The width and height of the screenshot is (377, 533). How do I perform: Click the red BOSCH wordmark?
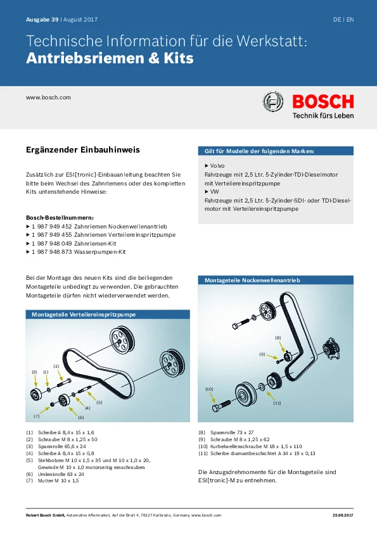coord(323,101)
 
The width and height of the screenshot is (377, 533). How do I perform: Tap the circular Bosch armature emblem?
coord(273,101)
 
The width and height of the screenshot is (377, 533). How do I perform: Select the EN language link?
coord(350,20)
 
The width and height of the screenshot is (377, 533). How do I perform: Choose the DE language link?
coord(337,20)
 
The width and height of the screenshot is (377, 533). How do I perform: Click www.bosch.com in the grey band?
coord(48,97)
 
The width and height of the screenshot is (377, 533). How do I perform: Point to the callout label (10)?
coord(209,389)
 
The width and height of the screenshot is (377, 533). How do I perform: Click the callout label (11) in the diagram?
coord(278,403)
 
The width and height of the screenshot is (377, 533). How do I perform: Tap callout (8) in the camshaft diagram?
coord(278,338)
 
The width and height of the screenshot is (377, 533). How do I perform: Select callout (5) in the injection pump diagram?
coord(99,402)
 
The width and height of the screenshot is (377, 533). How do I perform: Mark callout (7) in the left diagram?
coord(36,416)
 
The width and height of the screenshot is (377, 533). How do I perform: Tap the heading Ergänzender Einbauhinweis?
coord(82,150)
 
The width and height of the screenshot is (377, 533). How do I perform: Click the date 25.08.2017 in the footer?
coord(343,515)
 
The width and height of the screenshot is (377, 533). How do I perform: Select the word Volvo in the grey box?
coord(217,166)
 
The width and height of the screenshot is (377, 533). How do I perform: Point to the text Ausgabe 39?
coord(42,20)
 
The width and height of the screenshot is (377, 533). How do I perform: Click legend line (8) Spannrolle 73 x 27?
coord(226,432)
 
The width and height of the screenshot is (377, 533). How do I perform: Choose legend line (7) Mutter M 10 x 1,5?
coord(53,480)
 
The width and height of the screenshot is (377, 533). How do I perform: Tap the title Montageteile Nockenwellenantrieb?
coord(252,280)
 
